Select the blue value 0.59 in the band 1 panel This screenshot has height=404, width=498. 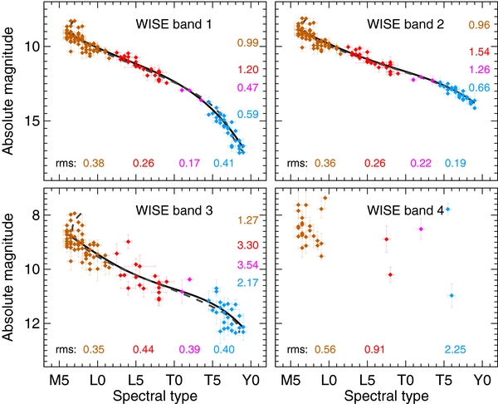click(248, 115)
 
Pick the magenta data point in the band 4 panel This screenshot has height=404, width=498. click(422, 229)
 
